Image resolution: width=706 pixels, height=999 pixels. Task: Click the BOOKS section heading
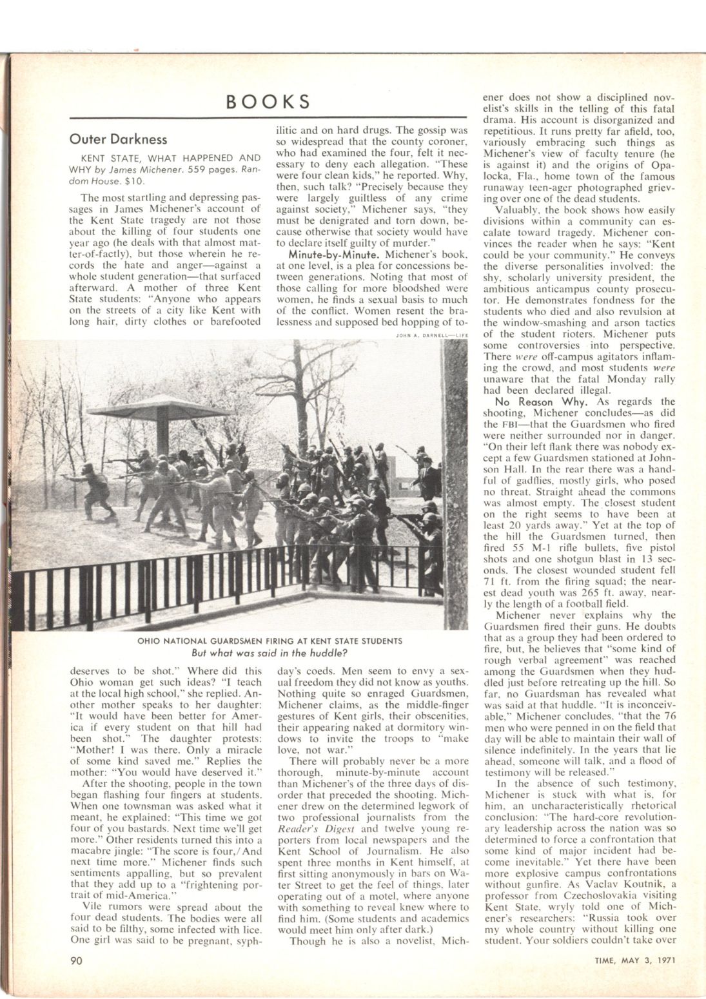pos(269,102)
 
